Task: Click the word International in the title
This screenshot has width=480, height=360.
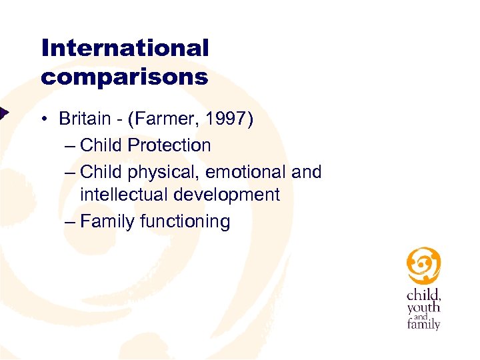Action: click(x=125, y=48)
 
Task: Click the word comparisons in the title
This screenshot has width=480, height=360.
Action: click(x=125, y=77)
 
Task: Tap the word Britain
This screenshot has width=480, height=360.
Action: click(x=84, y=119)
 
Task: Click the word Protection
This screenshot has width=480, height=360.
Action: click(x=169, y=145)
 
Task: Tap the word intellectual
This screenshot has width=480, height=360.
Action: click(x=125, y=195)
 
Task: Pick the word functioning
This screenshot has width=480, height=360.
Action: click(x=185, y=221)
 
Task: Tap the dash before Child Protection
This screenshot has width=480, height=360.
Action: click(x=71, y=145)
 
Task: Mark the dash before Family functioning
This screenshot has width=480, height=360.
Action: click(x=71, y=221)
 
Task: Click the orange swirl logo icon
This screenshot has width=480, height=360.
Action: click(x=424, y=265)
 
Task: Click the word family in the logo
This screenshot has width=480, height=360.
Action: click(x=423, y=325)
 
